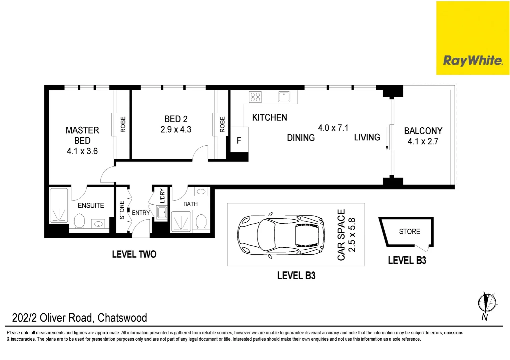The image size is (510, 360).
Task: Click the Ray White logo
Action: pos(473,60)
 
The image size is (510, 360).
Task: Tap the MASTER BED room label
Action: pos(82,135)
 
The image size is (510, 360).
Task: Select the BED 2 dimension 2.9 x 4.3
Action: pos(176,130)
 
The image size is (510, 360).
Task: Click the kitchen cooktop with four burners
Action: pos(256,97)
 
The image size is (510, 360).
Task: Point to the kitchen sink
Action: pos(284,97)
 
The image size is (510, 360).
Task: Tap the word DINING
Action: pos(301,138)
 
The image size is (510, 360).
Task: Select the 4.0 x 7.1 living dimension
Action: pos(333,128)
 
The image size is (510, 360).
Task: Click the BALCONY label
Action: pos(423,131)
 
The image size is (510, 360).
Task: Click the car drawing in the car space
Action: pos(281,235)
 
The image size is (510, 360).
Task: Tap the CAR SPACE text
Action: pos(341,235)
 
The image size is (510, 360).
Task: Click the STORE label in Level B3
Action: pos(409,231)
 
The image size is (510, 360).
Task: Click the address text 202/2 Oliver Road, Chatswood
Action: pos(79,318)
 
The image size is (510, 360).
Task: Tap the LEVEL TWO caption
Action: pos(134,254)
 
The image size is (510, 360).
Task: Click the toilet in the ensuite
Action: pos(79,221)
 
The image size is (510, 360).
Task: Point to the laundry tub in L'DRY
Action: pos(162,212)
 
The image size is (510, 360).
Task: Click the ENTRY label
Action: pos(140,213)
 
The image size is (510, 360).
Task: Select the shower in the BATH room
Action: pos(181,221)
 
